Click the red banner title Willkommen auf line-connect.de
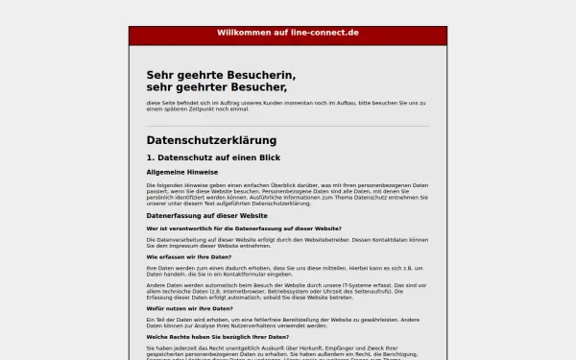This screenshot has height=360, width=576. pos(288,33)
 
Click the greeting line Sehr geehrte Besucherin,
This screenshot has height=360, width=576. pos(221,75)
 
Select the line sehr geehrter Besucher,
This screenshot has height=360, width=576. pos(217,87)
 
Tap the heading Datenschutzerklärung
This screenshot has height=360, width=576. pos(211,140)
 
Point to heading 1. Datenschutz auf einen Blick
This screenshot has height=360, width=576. pos(213,157)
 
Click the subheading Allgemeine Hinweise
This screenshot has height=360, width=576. pos(182,172)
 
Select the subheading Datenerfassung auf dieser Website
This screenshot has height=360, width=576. pos(206,216)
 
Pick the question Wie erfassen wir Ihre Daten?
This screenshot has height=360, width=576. pos(189,257)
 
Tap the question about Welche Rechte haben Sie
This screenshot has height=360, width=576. pos(218,337)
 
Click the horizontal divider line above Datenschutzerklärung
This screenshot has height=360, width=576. pos(288,126)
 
